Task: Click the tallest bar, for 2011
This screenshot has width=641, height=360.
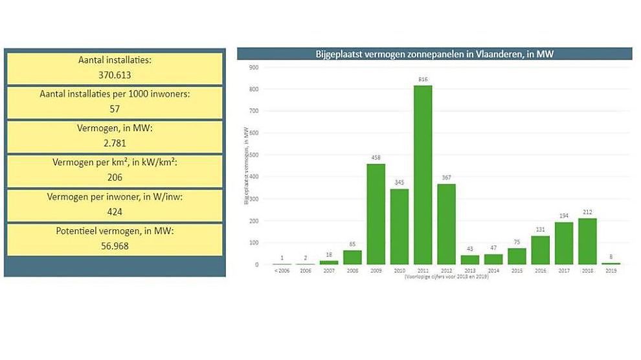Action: coord(423,175)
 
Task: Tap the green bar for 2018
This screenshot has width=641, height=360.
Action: coord(587,241)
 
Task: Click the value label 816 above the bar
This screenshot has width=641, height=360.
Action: coord(423,79)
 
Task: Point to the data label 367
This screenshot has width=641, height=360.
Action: coord(446,177)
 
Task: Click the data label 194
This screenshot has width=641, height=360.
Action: coord(564,216)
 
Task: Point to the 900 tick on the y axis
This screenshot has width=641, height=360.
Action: coord(254,67)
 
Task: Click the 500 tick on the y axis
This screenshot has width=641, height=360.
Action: coord(254,155)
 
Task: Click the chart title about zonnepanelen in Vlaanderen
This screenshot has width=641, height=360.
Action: coord(434,54)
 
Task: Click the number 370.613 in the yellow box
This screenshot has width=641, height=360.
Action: coord(115,75)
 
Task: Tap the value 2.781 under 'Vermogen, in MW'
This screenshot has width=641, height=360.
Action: coord(115,142)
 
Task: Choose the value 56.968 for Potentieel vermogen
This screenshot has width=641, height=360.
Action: coord(115,245)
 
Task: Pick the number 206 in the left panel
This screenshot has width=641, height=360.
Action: coord(115,177)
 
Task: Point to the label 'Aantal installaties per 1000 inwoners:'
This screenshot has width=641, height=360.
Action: coord(115,95)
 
